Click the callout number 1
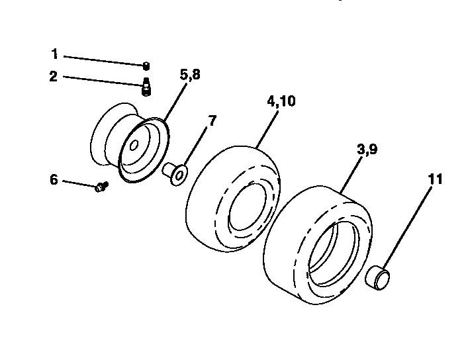pyautogui.click(x=55, y=54)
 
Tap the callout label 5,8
pyautogui.click(x=189, y=75)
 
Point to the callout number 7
pyautogui.click(x=212, y=120)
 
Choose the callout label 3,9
pyautogui.click(x=367, y=150)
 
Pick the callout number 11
pyautogui.click(x=436, y=179)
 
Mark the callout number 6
pyautogui.click(x=54, y=179)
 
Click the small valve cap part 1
pyautogui.click(x=146, y=65)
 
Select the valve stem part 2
pyautogui.click(x=146, y=87)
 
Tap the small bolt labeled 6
pyautogui.click(x=101, y=187)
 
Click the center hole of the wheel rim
pyautogui.click(x=134, y=144)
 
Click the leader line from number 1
pyautogui.click(x=103, y=59)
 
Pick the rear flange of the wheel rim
pyautogui.click(x=106, y=132)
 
